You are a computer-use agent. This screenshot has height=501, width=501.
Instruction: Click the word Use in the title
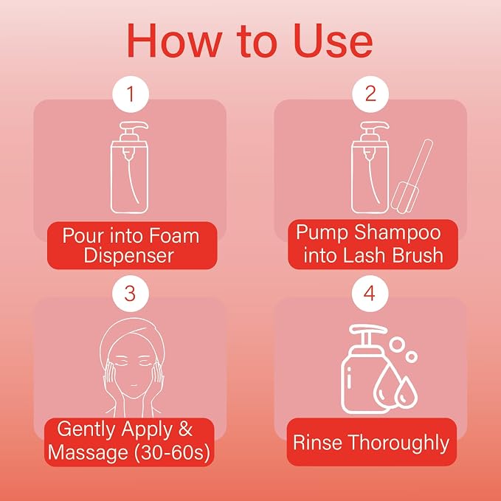click(x=334, y=41)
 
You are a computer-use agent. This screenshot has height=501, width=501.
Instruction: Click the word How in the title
click(x=174, y=41)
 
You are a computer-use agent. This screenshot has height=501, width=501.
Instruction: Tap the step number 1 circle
click(x=131, y=94)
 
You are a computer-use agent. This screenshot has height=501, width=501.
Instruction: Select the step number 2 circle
click(x=370, y=94)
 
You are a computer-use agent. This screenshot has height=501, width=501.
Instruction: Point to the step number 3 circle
click(x=131, y=294)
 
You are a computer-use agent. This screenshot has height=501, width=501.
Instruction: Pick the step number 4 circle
click(x=370, y=294)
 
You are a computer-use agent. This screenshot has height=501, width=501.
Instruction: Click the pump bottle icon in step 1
click(x=129, y=167)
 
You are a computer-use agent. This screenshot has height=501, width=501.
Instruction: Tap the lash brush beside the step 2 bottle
click(x=412, y=176)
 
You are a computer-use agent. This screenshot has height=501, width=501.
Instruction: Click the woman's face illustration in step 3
click(x=131, y=367)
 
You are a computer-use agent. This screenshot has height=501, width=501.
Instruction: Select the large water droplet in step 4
click(x=387, y=387)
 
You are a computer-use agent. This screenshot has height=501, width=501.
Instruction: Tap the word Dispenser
click(x=128, y=256)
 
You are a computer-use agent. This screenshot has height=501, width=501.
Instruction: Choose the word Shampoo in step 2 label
click(x=398, y=232)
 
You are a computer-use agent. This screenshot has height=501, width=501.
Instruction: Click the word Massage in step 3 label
click(x=89, y=453)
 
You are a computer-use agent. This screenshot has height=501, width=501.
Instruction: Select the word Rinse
click(x=317, y=443)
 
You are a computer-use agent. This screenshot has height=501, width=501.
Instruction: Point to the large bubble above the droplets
click(x=397, y=345)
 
